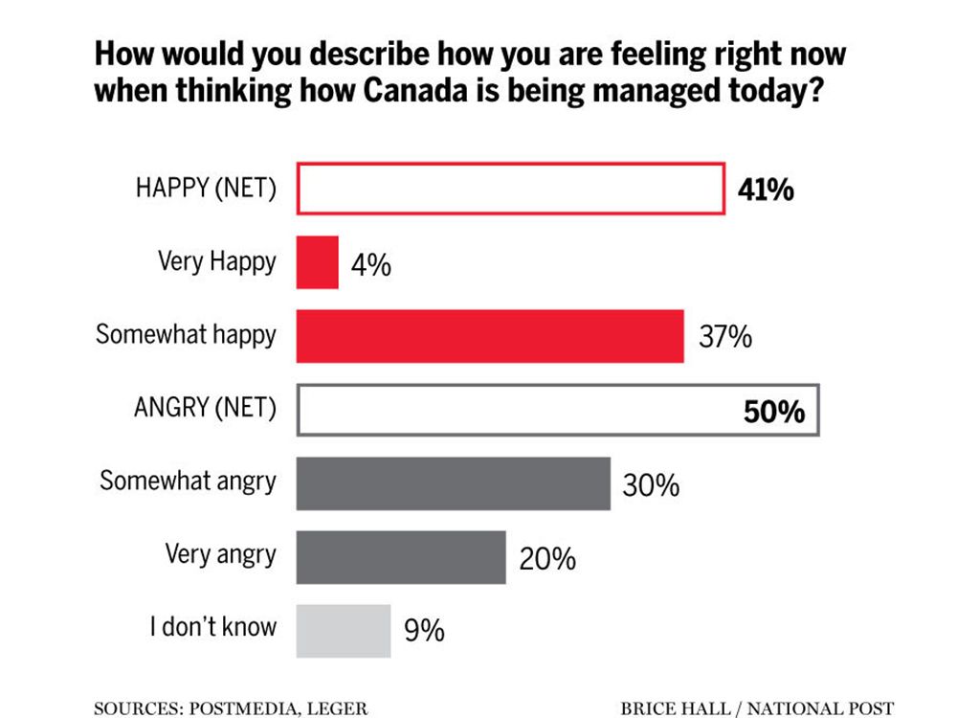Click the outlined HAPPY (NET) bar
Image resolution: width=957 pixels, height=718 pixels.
point(510,189)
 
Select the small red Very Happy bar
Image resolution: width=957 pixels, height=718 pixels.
point(317,262)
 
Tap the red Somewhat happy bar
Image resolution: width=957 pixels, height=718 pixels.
point(490,336)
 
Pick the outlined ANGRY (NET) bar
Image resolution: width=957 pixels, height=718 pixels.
point(558,410)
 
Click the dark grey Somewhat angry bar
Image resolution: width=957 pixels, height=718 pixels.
point(453,483)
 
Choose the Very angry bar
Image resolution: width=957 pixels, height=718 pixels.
point(401,557)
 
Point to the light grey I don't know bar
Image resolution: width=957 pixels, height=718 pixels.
point(344,631)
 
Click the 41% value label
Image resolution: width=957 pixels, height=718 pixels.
point(766,190)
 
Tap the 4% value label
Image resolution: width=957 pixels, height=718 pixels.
point(371,264)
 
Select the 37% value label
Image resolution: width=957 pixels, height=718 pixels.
point(724,337)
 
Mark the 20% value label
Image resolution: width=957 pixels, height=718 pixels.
point(547,558)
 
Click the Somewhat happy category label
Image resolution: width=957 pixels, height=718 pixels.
point(186,335)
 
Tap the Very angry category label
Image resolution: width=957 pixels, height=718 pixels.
point(220,554)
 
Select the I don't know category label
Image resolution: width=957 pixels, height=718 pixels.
point(212,627)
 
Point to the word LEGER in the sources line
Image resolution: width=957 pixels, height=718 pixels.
point(336,707)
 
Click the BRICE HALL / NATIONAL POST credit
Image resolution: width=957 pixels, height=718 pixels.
point(757,707)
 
